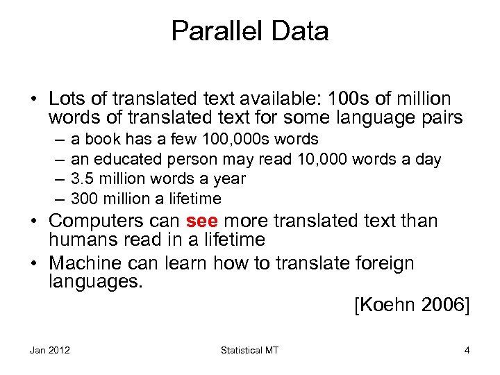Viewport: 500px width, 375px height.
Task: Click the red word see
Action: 202,222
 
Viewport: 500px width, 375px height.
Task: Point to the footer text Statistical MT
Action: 249,351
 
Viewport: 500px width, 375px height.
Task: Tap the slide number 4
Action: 467,351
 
